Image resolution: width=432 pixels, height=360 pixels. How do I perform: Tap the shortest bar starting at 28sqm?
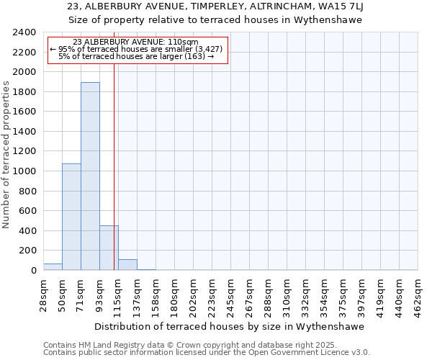point(53,267)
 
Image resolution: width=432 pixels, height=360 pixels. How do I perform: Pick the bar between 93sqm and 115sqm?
point(108,248)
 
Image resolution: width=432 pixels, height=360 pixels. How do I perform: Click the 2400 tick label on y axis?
point(25,32)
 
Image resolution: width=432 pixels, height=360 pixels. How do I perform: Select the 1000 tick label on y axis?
point(25,171)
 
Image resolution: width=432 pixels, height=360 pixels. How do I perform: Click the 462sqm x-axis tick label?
point(418,294)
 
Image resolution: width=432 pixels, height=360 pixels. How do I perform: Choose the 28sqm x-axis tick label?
point(44,292)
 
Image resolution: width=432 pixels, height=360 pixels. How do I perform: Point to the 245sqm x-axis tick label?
point(231,294)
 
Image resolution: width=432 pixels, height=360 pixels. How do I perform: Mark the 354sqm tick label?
point(325,294)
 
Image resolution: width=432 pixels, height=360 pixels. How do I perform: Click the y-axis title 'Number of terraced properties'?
point(6,155)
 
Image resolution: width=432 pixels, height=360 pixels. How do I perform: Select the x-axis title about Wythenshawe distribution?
point(230,326)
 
